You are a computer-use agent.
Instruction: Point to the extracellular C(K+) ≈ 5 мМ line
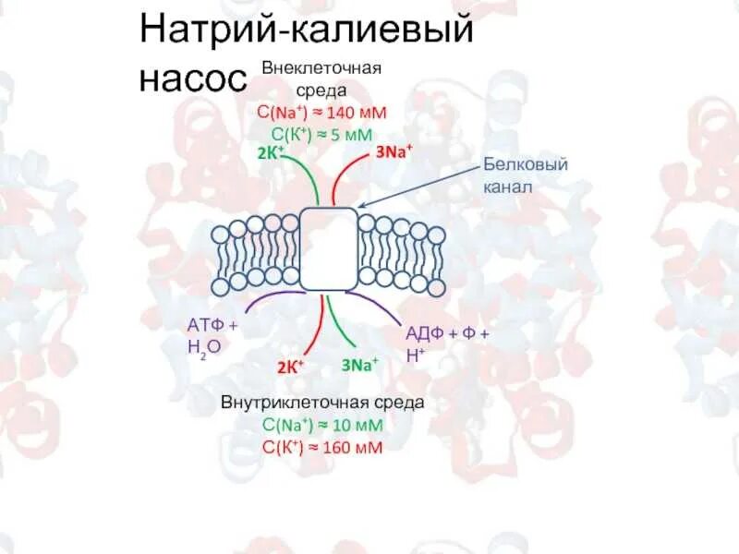pyautogui.click(x=321, y=133)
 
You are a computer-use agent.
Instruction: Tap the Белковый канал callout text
pyautogui.click(x=525, y=175)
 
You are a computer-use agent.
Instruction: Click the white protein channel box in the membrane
pyautogui.click(x=329, y=248)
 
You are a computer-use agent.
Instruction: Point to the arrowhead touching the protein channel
pyautogui.click(x=360, y=206)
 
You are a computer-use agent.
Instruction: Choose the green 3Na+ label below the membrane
pyautogui.click(x=359, y=365)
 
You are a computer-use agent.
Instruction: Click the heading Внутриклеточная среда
pyautogui.click(x=322, y=403)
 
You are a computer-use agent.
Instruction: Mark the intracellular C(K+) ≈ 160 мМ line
pyautogui.click(x=321, y=448)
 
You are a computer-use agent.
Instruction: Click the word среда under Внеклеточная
pyautogui.click(x=321, y=90)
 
